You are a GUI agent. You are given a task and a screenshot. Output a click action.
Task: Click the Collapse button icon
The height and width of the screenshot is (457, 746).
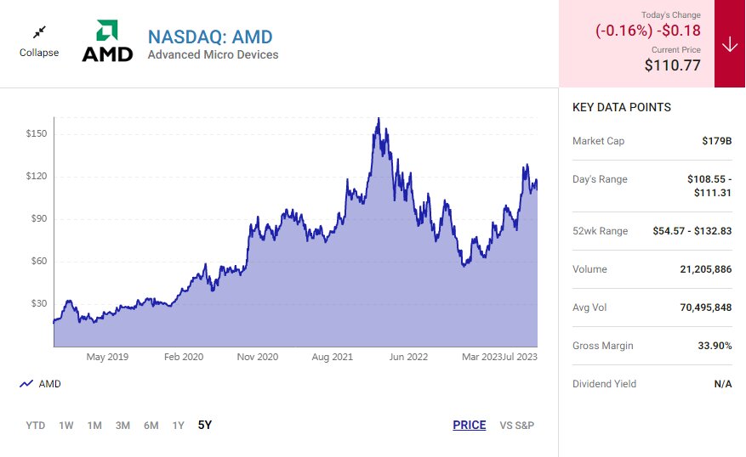click(39, 33)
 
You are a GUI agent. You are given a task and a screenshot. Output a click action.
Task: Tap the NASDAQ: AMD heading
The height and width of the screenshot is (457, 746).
click(210, 37)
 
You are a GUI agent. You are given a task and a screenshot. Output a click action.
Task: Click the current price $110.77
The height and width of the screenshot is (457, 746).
click(672, 64)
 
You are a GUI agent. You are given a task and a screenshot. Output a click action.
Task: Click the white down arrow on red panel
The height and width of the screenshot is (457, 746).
click(730, 44)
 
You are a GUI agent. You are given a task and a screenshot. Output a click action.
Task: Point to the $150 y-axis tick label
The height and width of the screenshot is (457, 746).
click(36, 134)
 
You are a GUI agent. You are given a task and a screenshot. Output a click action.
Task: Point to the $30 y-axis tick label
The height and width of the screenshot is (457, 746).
click(37, 303)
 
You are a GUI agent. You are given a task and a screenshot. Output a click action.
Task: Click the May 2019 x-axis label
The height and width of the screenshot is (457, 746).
click(107, 357)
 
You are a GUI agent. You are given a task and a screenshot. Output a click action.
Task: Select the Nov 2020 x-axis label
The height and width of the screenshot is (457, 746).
click(257, 357)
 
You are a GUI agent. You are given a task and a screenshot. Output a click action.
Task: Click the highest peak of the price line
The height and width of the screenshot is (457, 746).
click(378, 119)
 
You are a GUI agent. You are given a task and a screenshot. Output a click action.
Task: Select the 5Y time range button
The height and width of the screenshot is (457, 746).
click(204, 425)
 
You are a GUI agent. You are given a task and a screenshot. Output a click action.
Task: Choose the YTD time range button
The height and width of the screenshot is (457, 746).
click(36, 425)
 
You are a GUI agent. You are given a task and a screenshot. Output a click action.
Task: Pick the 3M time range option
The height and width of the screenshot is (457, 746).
click(122, 425)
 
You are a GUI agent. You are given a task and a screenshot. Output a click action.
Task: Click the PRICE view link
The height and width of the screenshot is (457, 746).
click(469, 425)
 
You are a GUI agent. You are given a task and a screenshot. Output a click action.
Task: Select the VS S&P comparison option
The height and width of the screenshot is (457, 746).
click(516, 425)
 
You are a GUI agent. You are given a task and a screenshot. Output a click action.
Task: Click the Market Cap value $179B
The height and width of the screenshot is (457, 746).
click(716, 141)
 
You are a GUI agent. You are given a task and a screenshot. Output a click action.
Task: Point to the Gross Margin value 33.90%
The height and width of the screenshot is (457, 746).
click(715, 346)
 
